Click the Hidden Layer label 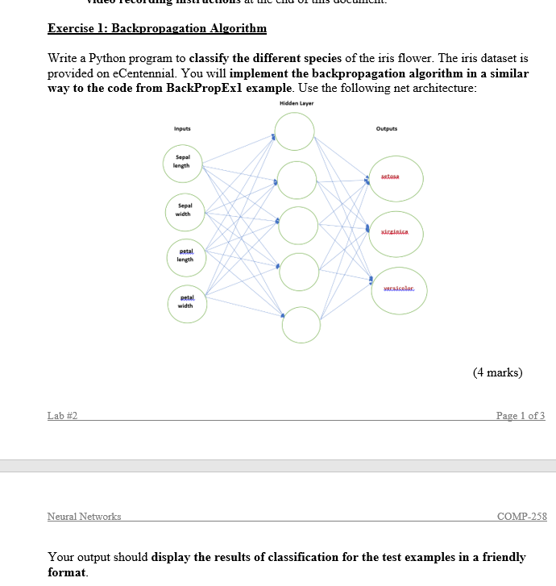(x=297, y=104)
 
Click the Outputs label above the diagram (x=387, y=128)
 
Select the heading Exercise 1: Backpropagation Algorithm (x=156, y=29)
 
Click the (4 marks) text (x=497, y=372)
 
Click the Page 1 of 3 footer (x=521, y=416)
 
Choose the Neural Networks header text (x=84, y=516)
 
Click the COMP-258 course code (x=522, y=516)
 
